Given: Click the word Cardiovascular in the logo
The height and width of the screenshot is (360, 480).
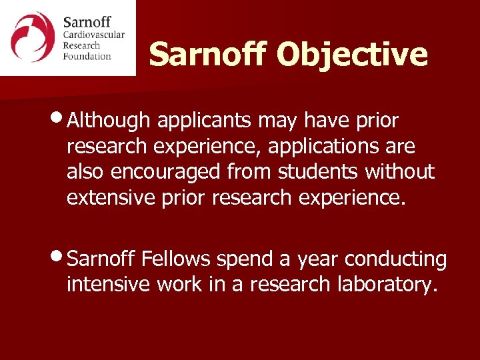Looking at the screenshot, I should (x=94, y=35).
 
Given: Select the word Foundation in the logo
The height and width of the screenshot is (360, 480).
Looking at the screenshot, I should (x=87, y=56).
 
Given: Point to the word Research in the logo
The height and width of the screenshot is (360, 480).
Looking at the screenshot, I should (x=81, y=45).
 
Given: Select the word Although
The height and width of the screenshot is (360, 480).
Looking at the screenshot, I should (x=109, y=121).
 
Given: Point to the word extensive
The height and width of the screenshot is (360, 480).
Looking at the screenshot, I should (x=111, y=197).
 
